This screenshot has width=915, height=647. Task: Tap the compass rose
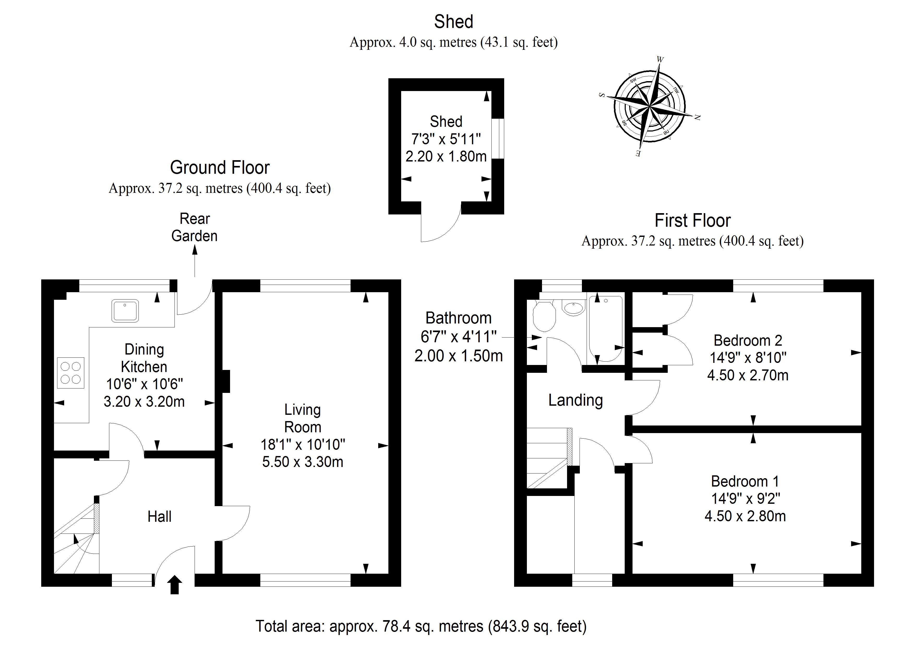(649, 107)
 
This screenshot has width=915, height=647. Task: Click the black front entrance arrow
(174, 585)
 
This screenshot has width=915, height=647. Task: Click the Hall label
(159, 517)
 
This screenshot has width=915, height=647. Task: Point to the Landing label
(575, 400)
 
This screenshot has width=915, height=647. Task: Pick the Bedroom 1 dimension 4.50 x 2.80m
(745, 516)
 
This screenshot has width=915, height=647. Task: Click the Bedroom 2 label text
(748, 340)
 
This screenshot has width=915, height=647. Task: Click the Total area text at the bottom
(421, 626)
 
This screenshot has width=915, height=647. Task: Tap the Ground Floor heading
(220, 167)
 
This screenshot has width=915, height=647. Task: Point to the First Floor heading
(693, 220)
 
